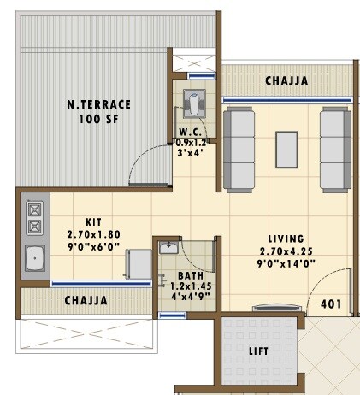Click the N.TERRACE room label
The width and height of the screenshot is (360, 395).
coord(98,104)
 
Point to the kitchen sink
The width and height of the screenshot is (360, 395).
coord(36,257)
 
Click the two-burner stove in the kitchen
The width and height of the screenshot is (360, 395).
coord(35,218)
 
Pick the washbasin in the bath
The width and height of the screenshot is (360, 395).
coord(168,249)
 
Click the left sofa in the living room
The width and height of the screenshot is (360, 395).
coord(239,147)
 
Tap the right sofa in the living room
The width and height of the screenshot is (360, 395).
coord(334,147)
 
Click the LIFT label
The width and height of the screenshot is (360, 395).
coord(257,351)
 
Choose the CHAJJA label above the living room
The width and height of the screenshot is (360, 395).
coord(286,81)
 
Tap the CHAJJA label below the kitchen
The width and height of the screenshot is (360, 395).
coord(86,301)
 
